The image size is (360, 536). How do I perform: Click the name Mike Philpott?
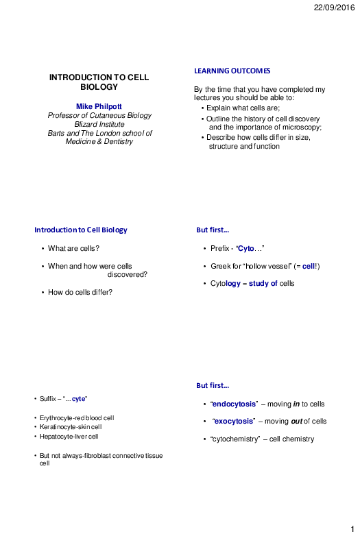[x=99, y=106]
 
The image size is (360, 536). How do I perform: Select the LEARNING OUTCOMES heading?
[x=232, y=71]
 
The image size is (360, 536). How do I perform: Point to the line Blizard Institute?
[x=99, y=124]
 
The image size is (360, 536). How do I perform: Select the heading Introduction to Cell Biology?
[x=80, y=230]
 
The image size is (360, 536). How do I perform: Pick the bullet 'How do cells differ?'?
[x=80, y=293]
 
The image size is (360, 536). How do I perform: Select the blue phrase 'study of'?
[x=264, y=283]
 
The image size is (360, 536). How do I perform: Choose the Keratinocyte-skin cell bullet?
[x=70, y=427]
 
